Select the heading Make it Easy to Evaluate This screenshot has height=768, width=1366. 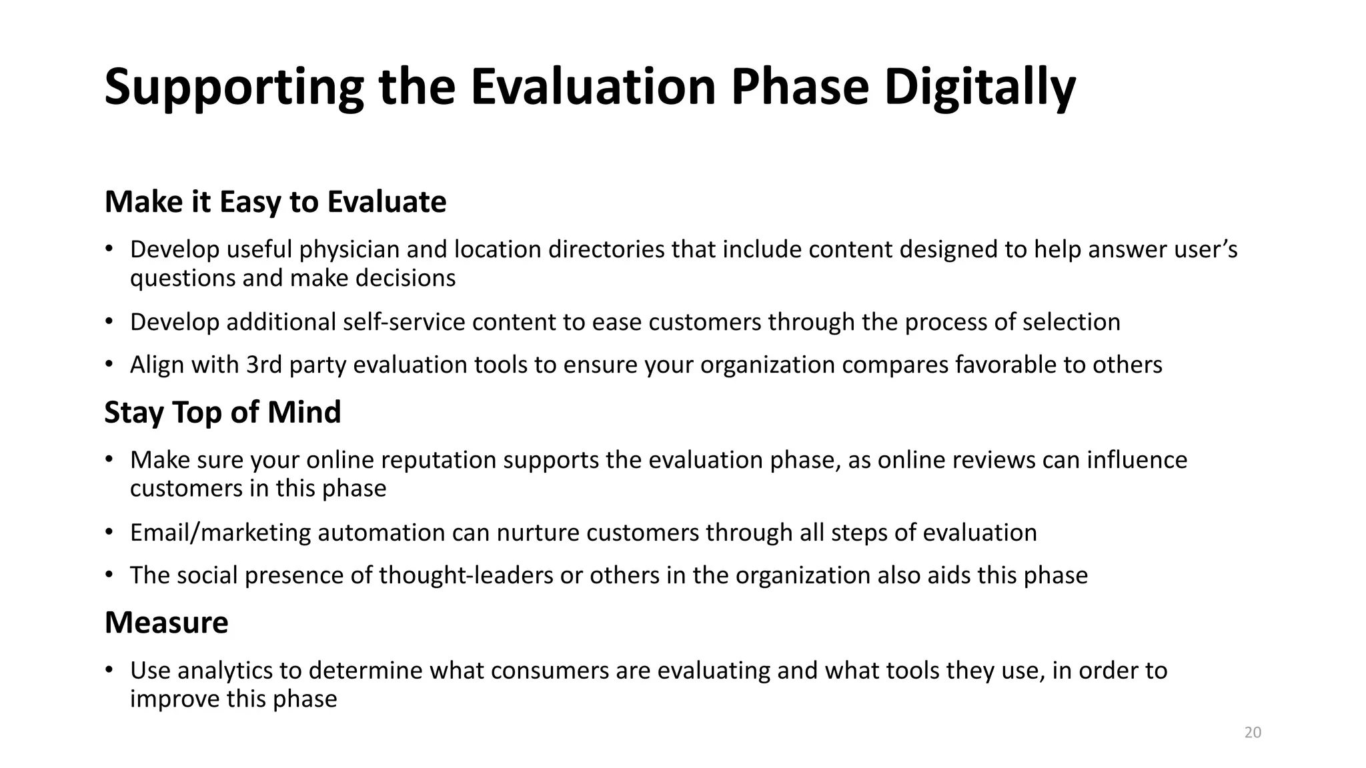[275, 201]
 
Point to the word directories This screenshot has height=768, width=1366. [606, 249]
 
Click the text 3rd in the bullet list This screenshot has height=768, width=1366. [263, 365]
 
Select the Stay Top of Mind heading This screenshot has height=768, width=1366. [223, 412]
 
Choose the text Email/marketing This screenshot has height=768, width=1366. [220, 533]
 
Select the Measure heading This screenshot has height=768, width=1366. [167, 623]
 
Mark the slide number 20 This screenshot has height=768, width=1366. [1253, 733]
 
